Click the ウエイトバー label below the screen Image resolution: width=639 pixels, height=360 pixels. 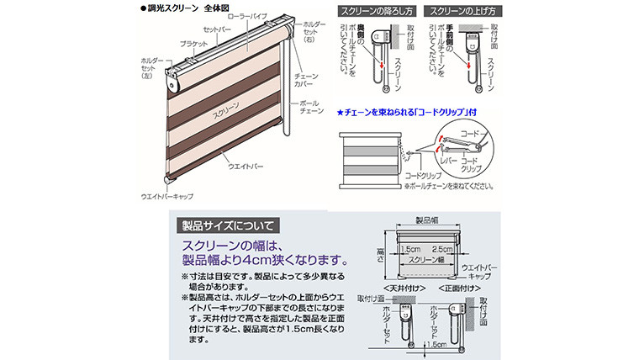coord(246,167)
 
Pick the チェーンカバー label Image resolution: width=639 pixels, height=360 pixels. coord(308,81)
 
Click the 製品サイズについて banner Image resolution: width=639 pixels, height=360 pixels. coord(227,225)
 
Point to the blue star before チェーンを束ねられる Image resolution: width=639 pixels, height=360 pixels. coord(339,112)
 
